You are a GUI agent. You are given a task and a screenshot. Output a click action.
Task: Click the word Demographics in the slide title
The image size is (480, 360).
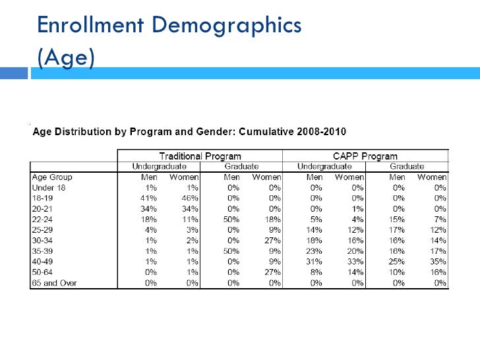click(227, 26)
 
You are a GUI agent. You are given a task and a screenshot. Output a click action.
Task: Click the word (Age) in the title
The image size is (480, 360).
click(66, 57)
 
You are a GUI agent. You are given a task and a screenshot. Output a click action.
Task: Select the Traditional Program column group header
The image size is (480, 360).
click(200, 156)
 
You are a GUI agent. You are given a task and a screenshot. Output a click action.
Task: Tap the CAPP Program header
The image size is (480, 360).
click(365, 156)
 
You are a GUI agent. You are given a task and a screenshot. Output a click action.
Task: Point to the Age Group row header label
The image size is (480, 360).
click(52, 177)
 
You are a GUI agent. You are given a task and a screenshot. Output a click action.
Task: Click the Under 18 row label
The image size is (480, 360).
click(49, 188)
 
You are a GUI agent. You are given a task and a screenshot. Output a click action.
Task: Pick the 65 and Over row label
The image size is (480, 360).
click(54, 283)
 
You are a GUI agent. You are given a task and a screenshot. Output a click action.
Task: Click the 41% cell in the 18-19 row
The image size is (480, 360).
click(148, 198)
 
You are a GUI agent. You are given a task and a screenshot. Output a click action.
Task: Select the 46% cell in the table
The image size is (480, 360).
click(190, 198)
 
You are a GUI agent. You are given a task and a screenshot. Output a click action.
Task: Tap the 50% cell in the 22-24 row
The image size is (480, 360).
click(231, 220)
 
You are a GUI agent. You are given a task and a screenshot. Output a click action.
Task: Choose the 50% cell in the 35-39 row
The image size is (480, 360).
click(231, 251)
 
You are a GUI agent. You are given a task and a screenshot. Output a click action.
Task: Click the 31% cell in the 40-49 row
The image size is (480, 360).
click(314, 262)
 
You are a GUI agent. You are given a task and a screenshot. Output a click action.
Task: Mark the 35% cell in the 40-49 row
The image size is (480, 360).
click(438, 262)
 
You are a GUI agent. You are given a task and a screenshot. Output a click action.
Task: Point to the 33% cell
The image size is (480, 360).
click(355, 262)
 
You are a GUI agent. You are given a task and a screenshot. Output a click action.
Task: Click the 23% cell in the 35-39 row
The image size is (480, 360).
click(314, 251)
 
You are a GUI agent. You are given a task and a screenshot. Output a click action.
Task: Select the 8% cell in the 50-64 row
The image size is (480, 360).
click(316, 272)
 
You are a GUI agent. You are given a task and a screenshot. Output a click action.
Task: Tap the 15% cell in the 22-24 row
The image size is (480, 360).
click(397, 220)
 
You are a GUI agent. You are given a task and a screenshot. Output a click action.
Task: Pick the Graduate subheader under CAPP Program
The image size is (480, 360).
click(407, 167)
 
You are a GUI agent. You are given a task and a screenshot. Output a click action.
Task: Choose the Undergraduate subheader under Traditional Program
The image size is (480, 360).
click(159, 167)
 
